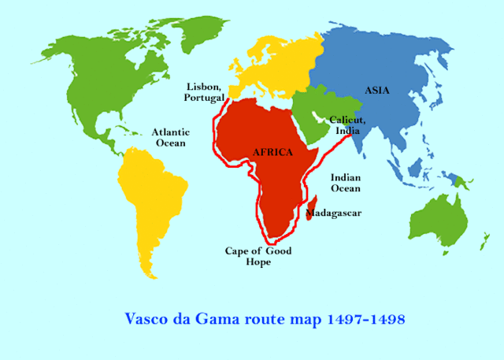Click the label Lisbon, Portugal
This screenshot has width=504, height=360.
coord(204,91)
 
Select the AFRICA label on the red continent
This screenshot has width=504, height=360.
coord(273,151)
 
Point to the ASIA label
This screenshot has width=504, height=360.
coord(377,91)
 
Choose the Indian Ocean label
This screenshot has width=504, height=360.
coord(346,183)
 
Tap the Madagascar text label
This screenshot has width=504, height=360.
coord(332,213)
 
